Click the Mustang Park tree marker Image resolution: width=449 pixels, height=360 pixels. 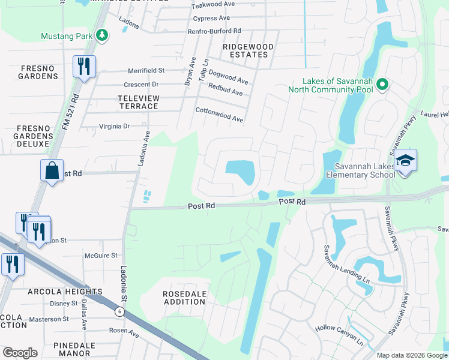pos(102,35)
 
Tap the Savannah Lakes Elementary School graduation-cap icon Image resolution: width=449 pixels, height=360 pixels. pos(406,160)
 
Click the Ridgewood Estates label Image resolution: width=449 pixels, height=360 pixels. pos(249,50)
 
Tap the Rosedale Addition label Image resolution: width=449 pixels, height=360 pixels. pos(185,298)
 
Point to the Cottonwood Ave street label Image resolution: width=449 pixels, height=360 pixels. pos(219,115)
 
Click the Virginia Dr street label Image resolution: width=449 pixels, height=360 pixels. pos(114,127)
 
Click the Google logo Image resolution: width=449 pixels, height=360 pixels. pos(20,353)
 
